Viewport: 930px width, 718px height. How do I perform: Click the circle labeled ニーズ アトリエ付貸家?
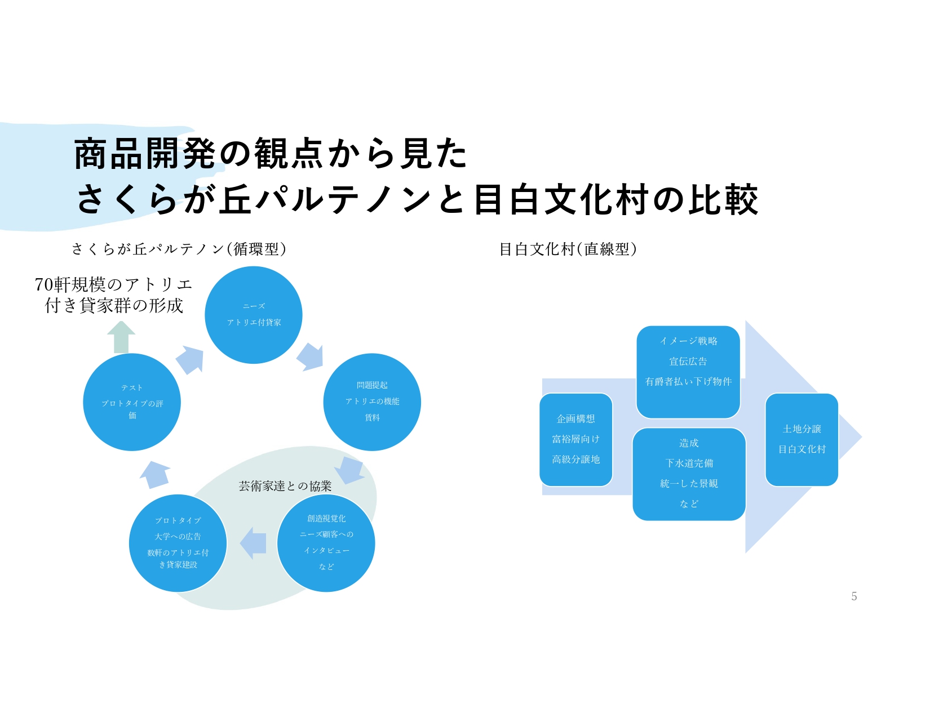point(254,315)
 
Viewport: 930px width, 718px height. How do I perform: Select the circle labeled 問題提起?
point(372,402)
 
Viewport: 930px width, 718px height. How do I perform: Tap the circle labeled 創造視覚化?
point(326,543)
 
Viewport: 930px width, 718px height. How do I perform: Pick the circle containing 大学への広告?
point(178,543)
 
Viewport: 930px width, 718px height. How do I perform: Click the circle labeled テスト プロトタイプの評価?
point(132,402)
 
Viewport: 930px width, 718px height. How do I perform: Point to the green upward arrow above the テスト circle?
point(121,337)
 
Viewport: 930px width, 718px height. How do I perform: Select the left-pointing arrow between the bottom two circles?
point(253,543)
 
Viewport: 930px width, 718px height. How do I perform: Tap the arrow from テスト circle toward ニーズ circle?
point(189,360)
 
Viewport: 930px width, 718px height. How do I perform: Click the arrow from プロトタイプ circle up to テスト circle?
point(154,475)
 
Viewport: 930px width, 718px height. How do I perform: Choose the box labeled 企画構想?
point(575,440)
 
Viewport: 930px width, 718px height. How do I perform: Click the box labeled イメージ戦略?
point(688,372)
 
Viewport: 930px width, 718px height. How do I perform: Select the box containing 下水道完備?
point(689,474)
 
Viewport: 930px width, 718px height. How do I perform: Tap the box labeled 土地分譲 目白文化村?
point(801,440)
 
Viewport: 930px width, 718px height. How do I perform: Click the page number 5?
point(854,596)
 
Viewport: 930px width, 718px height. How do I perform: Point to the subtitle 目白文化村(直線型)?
point(568,249)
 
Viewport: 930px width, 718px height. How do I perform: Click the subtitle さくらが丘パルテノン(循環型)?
point(179,249)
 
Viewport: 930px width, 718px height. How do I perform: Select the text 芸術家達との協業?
point(285,486)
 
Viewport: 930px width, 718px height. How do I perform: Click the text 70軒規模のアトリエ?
point(113,284)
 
